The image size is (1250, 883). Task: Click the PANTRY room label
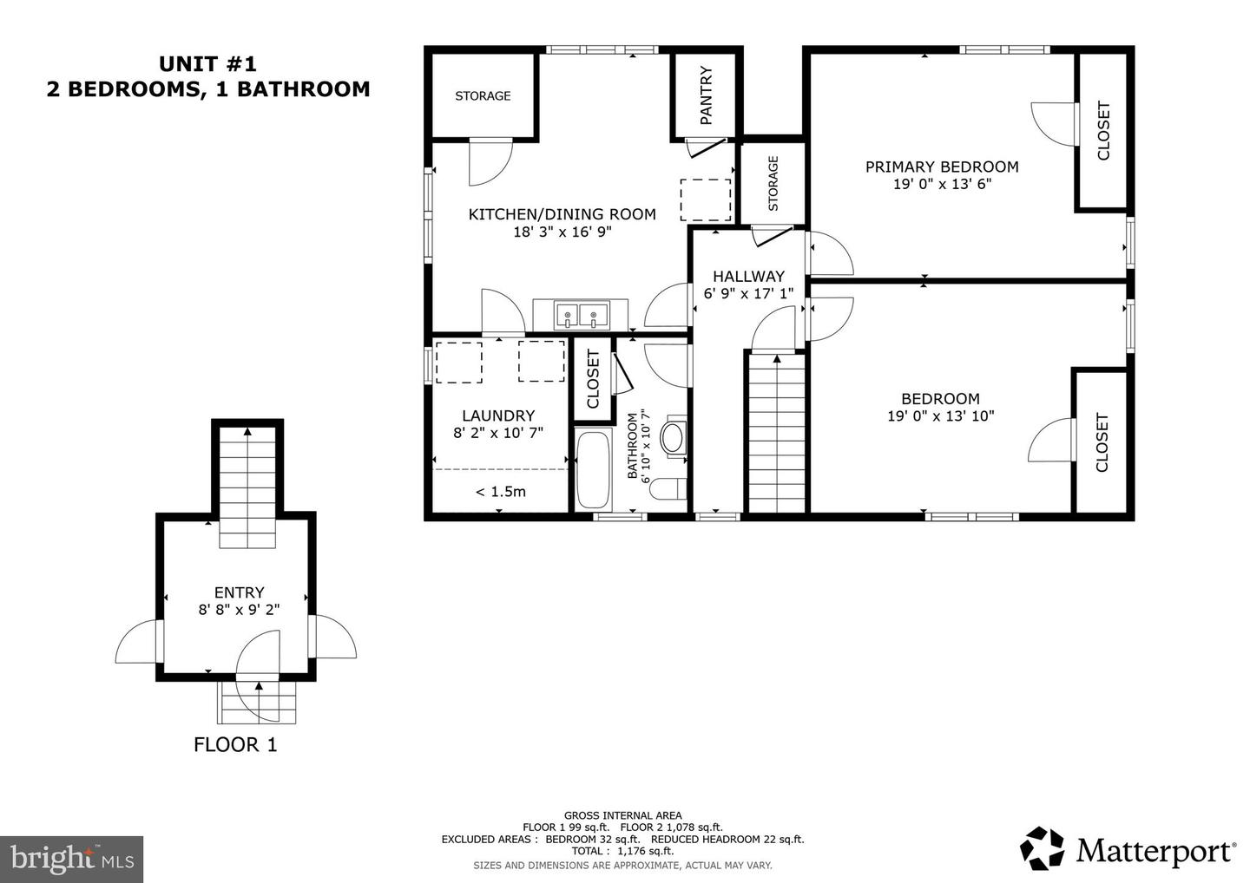pyautogui.click(x=706, y=95)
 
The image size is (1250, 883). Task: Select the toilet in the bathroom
pyautogui.click(x=668, y=489)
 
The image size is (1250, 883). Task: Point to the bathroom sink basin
pyautogui.click(x=673, y=438)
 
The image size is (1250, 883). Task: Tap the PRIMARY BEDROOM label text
pyautogui.click(x=942, y=167)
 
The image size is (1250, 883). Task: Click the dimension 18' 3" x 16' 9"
pyautogui.click(x=562, y=232)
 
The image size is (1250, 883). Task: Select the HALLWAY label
pyautogui.click(x=748, y=276)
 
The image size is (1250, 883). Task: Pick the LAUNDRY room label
pyautogui.click(x=498, y=415)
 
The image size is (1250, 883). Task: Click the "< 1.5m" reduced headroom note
pyautogui.click(x=501, y=492)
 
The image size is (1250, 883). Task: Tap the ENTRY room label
pyautogui.click(x=239, y=592)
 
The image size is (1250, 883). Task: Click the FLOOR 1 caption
pyautogui.click(x=235, y=745)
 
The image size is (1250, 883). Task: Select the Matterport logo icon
pyautogui.click(x=1042, y=849)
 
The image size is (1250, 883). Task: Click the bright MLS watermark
pyautogui.click(x=71, y=859)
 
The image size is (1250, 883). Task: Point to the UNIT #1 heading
pyautogui.click(x=207, y=64)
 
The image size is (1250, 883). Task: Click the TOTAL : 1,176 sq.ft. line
pyautogui.click(x=622, y=851)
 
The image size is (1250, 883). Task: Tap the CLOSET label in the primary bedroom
pyautogui.click(x=1103, y=130)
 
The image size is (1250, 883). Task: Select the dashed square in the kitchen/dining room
pyautogui.click(x=706, y=199)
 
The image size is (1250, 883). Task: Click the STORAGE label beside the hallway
pyautogui.click(x=773, y=183)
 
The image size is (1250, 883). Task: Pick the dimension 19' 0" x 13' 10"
pyautogui.click(x=941, y=415)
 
